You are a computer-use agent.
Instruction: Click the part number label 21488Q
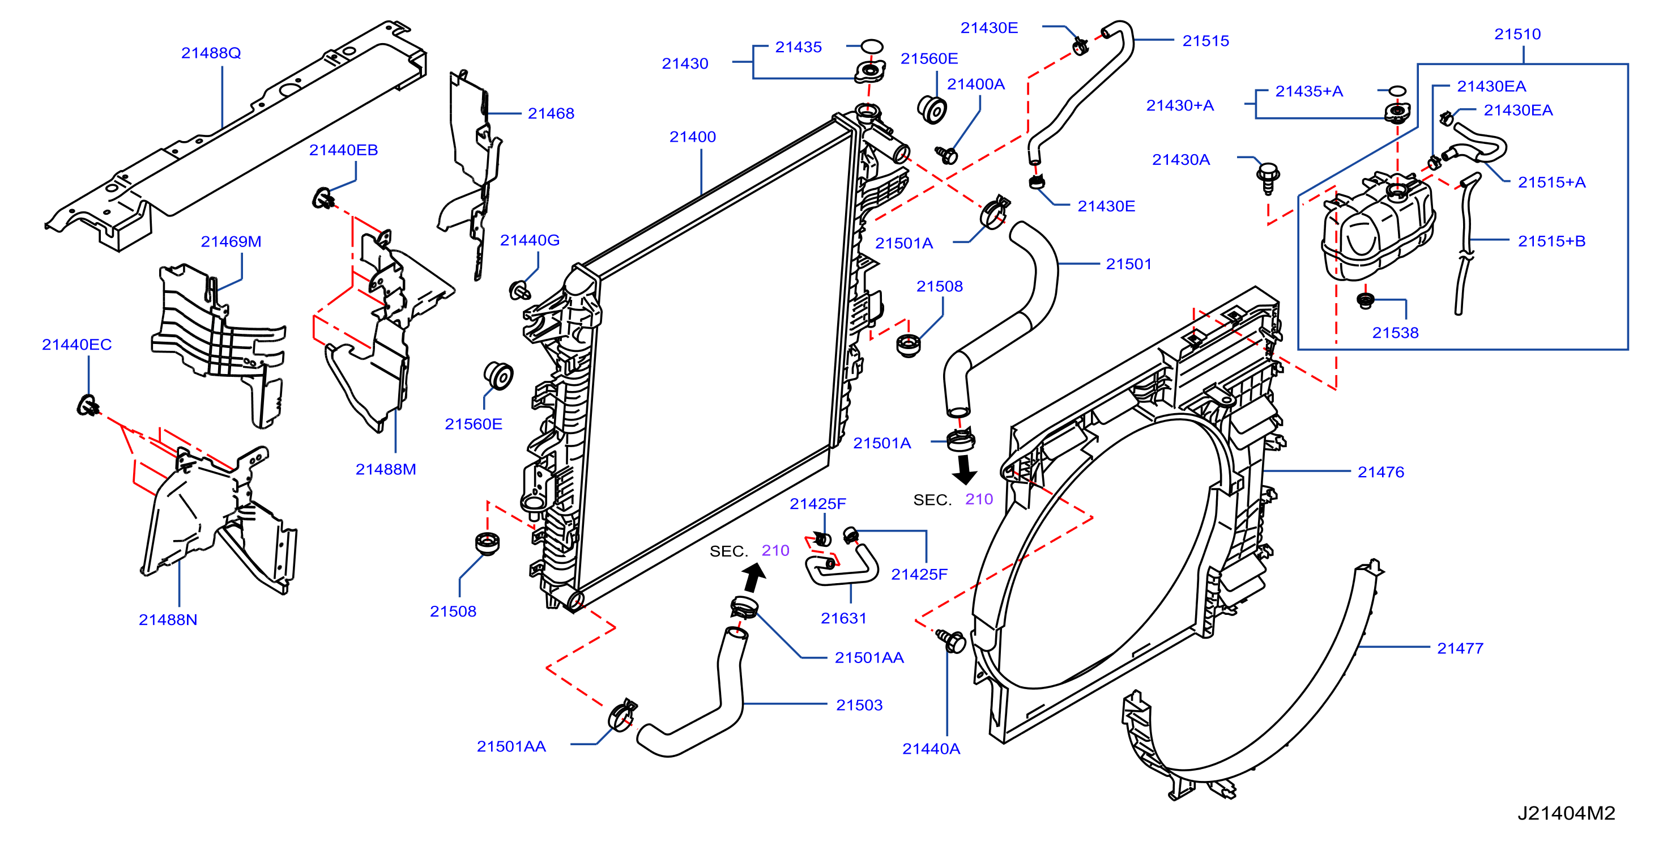(211, 53)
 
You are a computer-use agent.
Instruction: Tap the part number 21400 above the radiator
(693, 137)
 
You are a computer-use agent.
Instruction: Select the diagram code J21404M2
(1567, 813)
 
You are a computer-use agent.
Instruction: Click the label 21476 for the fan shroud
(1381, 472)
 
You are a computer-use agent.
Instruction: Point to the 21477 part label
(1460, 648)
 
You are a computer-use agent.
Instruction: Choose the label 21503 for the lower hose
(859, 704)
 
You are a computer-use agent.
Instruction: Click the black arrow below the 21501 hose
(964, 469)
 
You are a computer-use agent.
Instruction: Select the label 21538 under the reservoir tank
(1395, 333)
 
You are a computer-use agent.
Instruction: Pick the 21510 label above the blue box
(1517, 34)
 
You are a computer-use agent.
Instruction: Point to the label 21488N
(168, 620)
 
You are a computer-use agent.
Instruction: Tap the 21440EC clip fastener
(87, 406)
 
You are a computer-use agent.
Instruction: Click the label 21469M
(231, 241)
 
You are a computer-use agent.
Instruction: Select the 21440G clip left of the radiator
(519, 290)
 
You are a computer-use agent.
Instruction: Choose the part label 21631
(843, 618)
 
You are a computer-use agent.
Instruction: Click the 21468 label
(551, 113)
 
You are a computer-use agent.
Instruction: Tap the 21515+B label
(1551, 241)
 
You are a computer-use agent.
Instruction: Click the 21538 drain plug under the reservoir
(1365, 300)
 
